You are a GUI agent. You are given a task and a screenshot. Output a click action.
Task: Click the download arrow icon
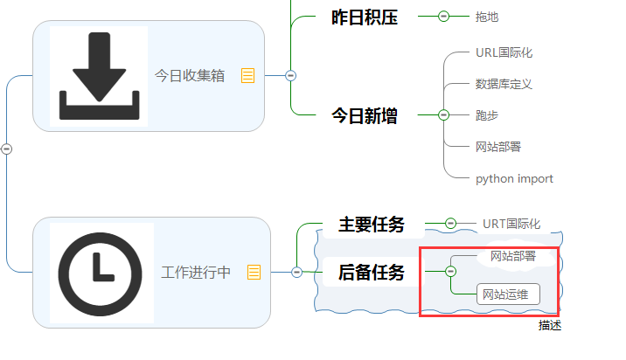click(99, 76)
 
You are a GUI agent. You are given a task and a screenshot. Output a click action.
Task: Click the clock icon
click(101, 272)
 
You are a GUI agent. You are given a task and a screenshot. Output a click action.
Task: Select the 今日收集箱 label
click(190, 76)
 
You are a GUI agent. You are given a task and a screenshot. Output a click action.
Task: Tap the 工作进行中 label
click(196, 273)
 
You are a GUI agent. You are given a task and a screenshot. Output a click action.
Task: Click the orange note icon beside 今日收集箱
click(247, 76)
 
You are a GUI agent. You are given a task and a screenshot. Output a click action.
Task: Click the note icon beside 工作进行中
click(254, 273)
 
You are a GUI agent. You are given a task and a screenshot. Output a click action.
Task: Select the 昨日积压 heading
click(365, 17)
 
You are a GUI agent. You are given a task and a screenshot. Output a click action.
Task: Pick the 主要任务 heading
click(372, 225)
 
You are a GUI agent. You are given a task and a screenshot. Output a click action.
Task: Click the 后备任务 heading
click(372, 273)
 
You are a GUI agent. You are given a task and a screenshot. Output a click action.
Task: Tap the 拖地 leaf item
click(487, 17)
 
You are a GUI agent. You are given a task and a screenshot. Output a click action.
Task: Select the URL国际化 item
click(504, 52)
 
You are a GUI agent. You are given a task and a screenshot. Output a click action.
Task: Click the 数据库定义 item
click(504, 84)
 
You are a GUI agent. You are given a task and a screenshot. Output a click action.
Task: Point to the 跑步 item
click(487, 115)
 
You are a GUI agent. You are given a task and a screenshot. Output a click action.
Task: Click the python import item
click(514, 179)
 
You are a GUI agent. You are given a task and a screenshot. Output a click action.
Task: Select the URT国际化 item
click(511, 225)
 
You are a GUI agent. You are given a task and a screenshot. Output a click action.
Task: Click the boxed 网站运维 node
click(508, 294)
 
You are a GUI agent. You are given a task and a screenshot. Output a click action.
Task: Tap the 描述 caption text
click(550, 325)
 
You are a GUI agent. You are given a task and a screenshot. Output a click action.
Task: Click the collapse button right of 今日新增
click(443, 114)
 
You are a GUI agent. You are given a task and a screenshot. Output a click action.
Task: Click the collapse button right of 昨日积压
click(443, 16)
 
